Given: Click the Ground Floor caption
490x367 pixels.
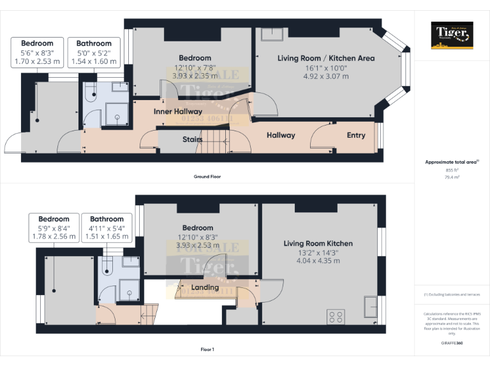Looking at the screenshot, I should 207,176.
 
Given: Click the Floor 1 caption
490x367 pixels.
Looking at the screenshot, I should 207,350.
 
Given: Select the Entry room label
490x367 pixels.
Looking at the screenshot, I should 356,135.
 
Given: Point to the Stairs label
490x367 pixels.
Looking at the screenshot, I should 192,140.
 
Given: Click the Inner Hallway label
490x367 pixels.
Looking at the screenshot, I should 178,112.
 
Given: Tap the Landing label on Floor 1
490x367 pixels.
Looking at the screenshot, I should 205,287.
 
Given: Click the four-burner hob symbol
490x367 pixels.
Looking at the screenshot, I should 336,316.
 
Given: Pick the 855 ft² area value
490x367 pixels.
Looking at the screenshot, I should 452,171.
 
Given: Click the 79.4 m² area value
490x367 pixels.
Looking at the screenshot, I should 452,178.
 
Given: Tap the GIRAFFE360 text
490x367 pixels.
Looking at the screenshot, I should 452,343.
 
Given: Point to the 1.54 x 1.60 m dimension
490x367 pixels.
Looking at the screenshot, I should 93,62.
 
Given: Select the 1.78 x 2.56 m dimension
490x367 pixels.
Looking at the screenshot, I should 54,236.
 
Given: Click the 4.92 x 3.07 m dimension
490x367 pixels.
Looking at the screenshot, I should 326,76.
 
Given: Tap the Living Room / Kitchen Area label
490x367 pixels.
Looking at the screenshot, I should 326,58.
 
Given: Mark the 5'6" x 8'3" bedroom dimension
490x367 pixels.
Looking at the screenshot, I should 37,53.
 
